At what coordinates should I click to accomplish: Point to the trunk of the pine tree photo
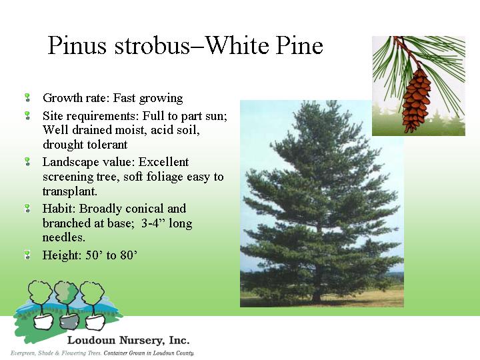coord(317,294)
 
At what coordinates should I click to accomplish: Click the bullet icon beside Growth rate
coord(27,98)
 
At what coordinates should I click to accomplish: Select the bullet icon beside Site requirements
coord(27,115)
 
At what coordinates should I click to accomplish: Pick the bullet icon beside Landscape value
coord(27,161)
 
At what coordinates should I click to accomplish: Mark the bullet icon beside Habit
coord(27,208)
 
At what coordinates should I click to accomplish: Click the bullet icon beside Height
coord(27,255)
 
